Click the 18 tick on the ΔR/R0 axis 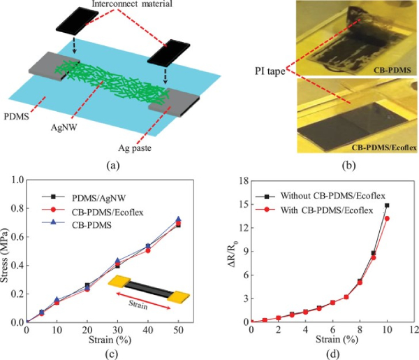[244, 180]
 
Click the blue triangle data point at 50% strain [177, 219]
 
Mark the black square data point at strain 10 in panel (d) [387, 206]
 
